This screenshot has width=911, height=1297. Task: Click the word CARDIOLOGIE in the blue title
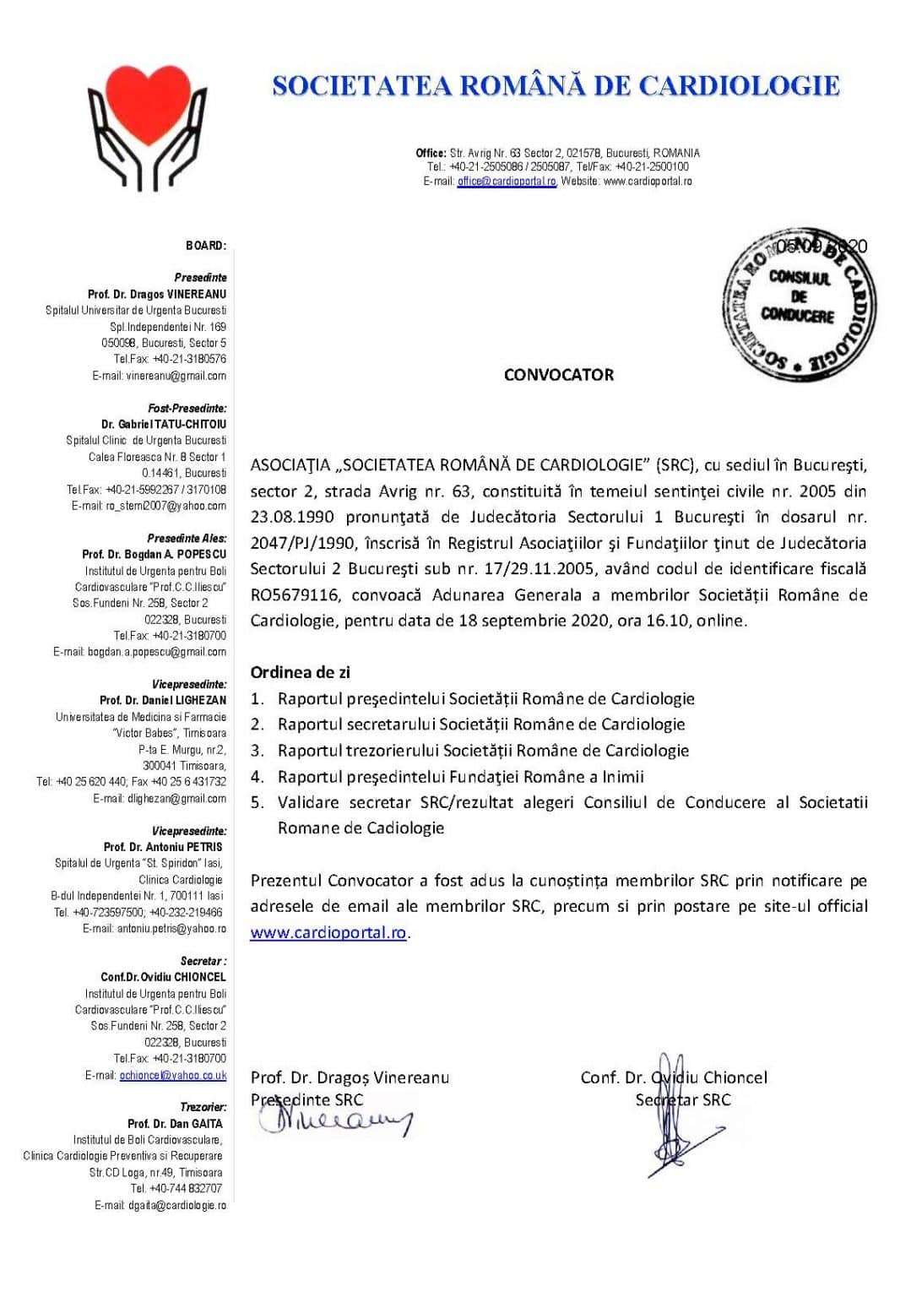point(739,85)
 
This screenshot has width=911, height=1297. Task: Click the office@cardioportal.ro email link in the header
point(507,182)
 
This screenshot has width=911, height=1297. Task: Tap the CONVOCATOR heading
point(558,375)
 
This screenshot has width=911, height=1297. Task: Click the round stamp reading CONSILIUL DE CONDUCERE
point(799,303)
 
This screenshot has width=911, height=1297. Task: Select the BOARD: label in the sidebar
point(205,246)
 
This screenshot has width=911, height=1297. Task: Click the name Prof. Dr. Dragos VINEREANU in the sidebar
point(157,295)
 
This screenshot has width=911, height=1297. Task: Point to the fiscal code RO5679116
point(295,595)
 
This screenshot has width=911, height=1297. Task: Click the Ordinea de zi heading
point(300,673)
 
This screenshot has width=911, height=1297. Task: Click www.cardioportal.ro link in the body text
point(328,933)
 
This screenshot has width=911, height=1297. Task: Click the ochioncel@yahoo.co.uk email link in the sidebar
point(173,1076)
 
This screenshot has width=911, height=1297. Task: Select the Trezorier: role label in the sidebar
point(203,1107)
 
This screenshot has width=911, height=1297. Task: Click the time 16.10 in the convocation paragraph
point(668,621)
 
